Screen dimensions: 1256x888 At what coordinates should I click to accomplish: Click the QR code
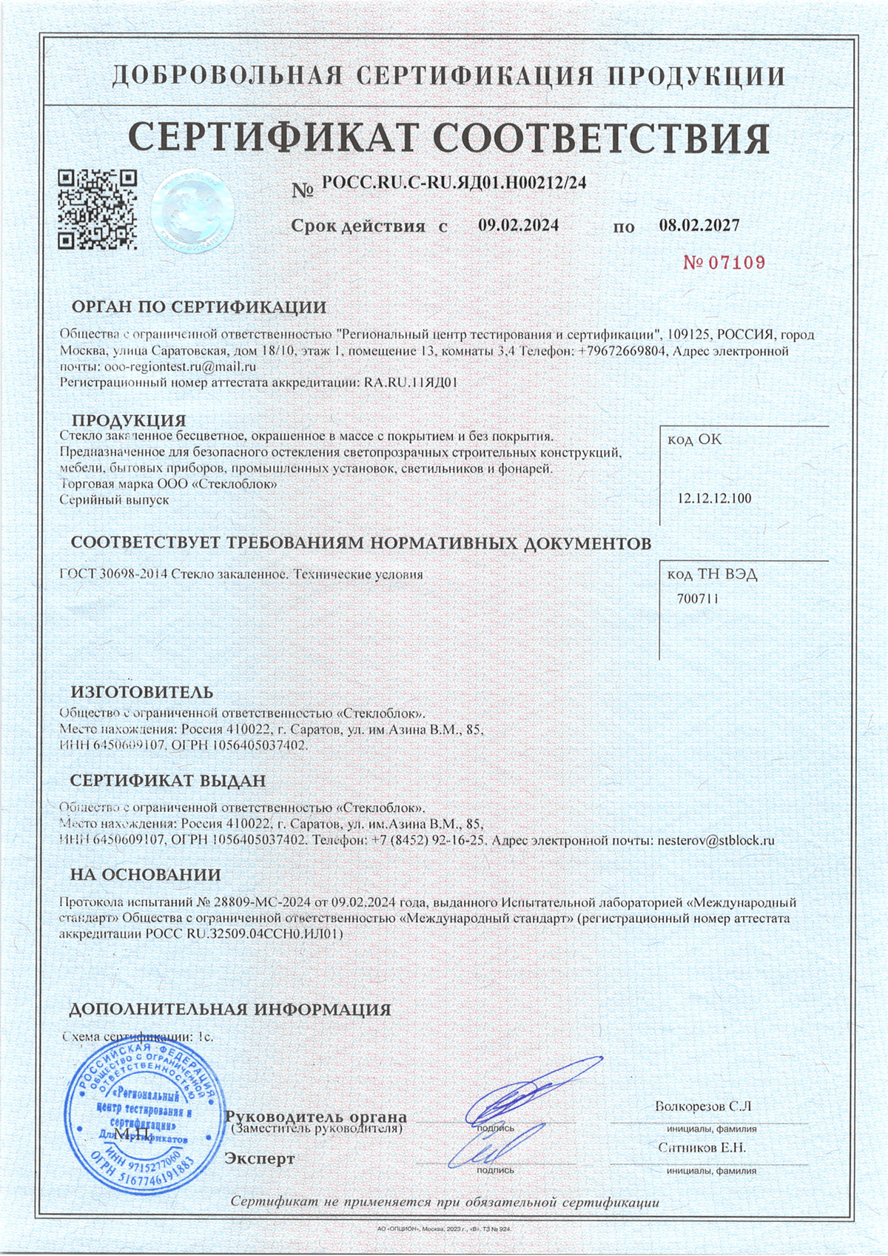point(98,209)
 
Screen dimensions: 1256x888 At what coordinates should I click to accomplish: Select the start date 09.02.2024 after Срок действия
point(518,226)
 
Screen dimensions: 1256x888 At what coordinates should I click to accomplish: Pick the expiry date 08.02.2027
point(699,226)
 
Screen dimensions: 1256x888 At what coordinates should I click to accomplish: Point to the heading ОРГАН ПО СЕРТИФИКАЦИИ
point(198,307)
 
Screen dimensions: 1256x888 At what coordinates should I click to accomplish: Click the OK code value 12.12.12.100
point(714,498)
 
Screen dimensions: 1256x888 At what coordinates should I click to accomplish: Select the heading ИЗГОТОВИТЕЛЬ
point(141,693)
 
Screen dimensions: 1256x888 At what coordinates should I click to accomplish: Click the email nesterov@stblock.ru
point(716,841)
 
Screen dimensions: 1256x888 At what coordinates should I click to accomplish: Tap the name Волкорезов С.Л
point(703,1107)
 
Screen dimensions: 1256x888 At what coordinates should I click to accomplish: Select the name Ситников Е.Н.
point(702,1148)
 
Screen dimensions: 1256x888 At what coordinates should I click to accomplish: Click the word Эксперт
point(259,1158)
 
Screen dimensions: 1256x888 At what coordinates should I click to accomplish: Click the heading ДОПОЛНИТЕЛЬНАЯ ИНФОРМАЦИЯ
point(229,1010)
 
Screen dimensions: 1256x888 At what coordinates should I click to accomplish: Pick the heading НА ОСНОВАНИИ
point(145,875)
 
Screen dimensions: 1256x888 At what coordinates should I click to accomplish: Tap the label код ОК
point(694,440)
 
